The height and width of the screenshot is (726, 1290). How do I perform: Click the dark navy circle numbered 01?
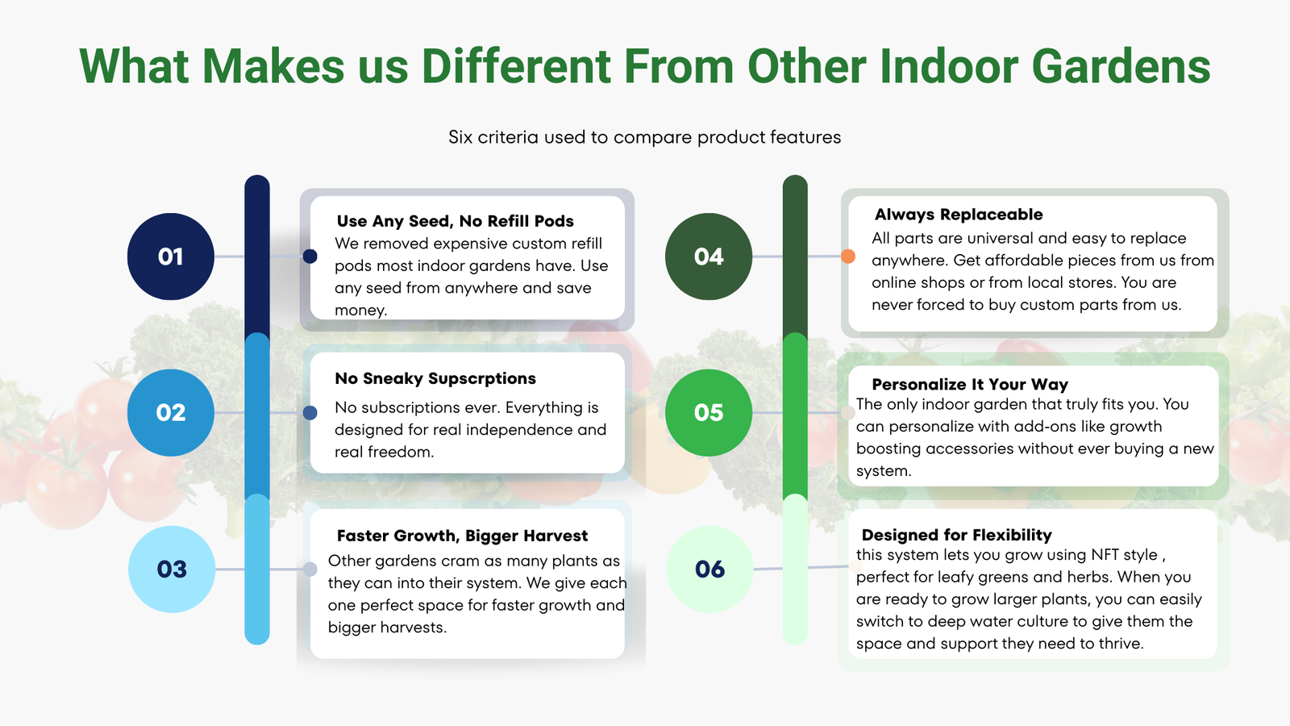[x=170, y=257]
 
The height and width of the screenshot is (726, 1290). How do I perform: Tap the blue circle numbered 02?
[x=170, y=412]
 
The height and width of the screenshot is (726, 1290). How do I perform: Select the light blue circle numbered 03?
[x=172, y=570]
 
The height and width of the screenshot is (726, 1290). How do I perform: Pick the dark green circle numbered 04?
[x=709, y=257]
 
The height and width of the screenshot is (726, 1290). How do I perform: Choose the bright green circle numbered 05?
[x=709, y=412]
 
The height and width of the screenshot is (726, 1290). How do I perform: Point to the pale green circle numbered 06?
[x=709, y=570]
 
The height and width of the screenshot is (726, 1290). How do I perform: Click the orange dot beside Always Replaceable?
[x=847, y=257]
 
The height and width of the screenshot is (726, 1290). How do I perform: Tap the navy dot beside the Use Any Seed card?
[x=310, y=257]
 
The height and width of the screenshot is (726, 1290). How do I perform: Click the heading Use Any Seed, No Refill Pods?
[x=455, y=221]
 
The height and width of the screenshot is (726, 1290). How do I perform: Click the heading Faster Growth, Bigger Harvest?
[x=462, y=536]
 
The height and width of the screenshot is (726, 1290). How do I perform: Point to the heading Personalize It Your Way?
[x=970, y=384]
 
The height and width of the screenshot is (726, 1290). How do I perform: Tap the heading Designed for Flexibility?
[x=956, y=536]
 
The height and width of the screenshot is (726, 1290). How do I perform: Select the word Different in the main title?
[x=516, y=66]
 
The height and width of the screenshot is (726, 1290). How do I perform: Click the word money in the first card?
[x=360, y=311]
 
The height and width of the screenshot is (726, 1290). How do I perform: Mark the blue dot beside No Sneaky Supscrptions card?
[x=310, y=412]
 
